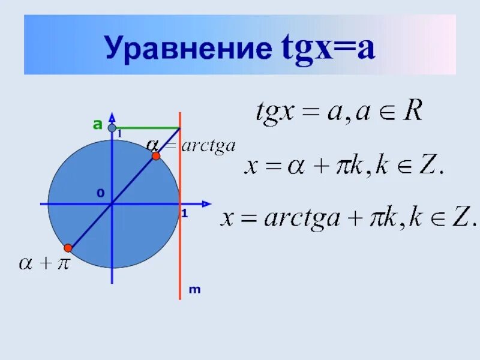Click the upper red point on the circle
[156, 156]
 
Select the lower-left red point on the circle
[68, 248]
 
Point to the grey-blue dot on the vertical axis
[112, 128]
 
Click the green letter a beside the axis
[97, 125]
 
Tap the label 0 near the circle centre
[100, 193]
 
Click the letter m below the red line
[194, 290]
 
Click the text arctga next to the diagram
[208, 146]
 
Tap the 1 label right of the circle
[185, 214]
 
